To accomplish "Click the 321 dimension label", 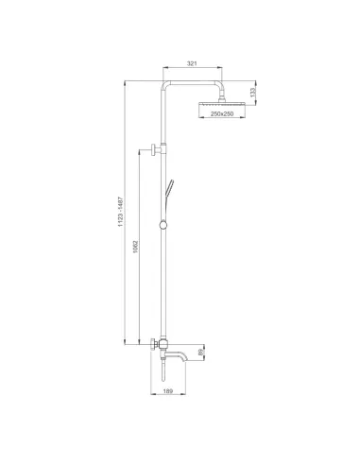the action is (x=192, y=63).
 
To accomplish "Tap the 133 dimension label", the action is (x=252, y=93).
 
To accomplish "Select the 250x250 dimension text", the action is (x=222, y=113).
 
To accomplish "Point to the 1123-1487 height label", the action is (x=120, y=212).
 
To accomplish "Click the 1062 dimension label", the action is (x=135, y=248).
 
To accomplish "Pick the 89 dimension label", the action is (x=200, y=353).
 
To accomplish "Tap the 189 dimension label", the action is (x=168, y=391).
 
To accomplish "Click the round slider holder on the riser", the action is (x=163, y=225).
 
